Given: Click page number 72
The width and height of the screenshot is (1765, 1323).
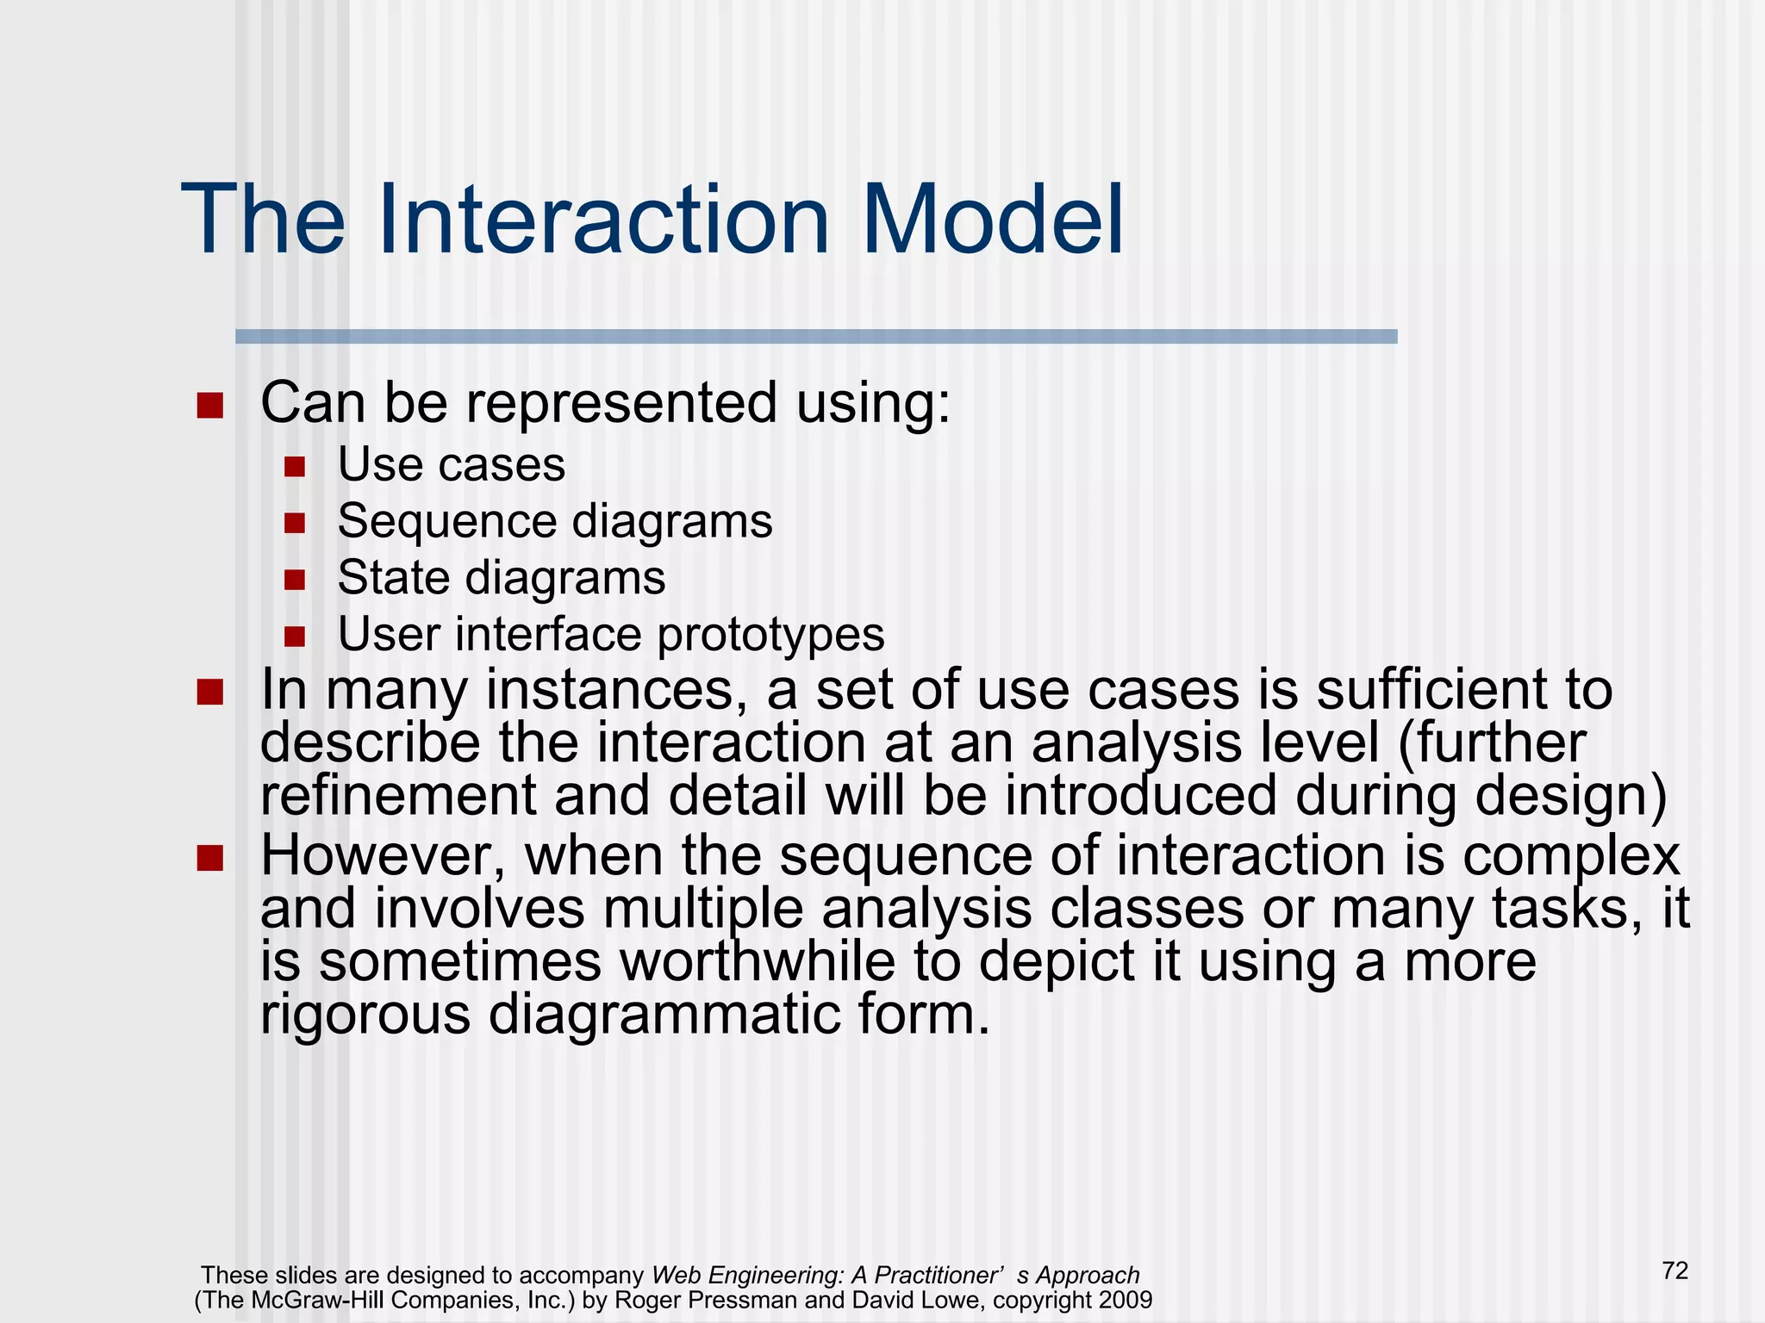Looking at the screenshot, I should click(1675, 1270).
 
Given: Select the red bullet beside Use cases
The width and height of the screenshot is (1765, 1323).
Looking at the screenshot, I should click(295, 467).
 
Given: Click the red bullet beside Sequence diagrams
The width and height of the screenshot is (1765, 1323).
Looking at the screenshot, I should click(295, 523).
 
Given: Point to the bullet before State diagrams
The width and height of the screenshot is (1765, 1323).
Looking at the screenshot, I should click(295, 580).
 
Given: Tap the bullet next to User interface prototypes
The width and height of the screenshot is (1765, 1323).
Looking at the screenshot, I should click(295, 637).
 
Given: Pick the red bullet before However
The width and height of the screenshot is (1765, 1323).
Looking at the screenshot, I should click(209, 858).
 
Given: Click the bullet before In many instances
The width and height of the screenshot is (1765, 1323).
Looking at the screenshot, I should click(209, 693).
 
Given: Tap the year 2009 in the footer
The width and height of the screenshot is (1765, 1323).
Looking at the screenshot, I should click(1126, 1300).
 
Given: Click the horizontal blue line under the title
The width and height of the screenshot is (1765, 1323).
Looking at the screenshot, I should click(815, 337).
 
